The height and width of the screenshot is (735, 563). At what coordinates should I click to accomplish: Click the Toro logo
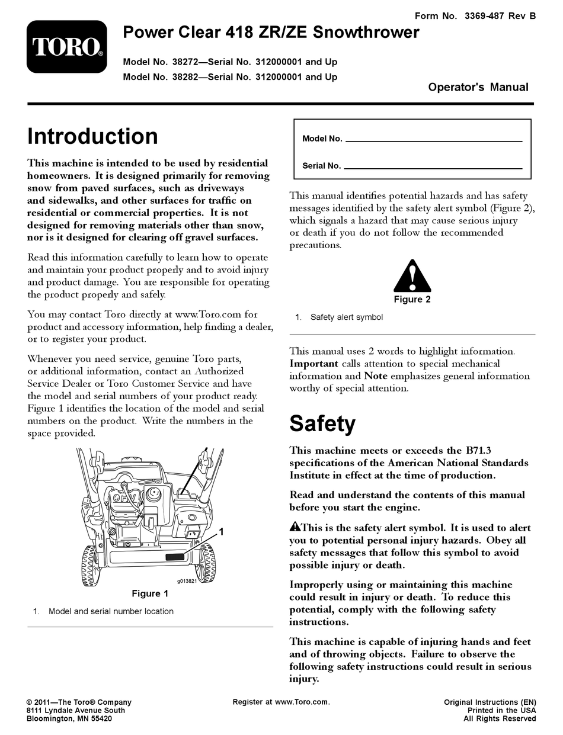tap(66, 47)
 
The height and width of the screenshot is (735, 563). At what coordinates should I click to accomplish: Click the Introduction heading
tap(92, 136)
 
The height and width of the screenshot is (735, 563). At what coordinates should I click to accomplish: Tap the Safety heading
tap(322, 424)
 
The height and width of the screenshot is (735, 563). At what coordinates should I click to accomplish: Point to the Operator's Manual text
tap(478, 87)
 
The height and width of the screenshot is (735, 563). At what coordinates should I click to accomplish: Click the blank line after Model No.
tap(433, 140)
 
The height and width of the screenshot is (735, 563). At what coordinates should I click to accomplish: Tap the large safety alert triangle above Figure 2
tap(412, 275)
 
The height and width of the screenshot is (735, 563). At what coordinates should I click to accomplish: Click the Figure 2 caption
tap(412, 300)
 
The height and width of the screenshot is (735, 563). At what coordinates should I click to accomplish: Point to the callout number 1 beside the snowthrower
tap(221, 532)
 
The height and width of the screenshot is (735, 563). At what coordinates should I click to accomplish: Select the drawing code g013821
tap(186, 581)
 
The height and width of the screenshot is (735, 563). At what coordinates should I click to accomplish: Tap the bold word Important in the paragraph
tap(314, 364)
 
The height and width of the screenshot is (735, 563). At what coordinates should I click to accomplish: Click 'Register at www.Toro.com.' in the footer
tap(281, 702)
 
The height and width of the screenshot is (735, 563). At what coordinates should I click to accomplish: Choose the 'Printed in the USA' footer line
tap(501, 711)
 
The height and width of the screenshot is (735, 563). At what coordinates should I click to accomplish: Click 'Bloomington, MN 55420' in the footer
tap(69, 719)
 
